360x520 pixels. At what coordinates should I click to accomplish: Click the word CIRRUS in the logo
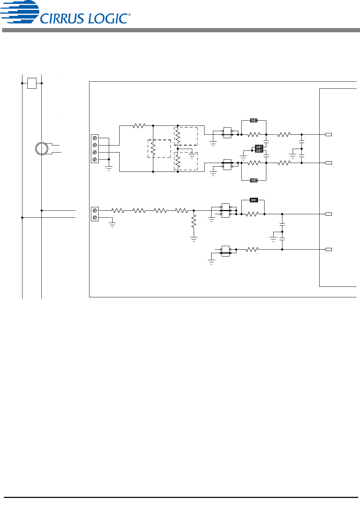pyautogui.click(x=62, y=18)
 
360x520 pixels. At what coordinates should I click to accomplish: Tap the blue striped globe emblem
pyautogui.click(x=20, y=12)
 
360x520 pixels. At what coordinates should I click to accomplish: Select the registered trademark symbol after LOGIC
pyautogui.click(x=129, y=15)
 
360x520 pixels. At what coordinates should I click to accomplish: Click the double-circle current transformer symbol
pyautogui.click(x=41, y=149)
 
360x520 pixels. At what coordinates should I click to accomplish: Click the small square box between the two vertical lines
pyautogui.click(x=32, y=83)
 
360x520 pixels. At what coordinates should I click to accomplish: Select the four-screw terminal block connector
pyautogui.click(x=95, y=149)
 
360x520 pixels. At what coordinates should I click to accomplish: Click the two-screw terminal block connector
pyautogui.click(x=95, y=214)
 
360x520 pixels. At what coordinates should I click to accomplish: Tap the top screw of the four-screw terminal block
pyautogui.click(x=95, y=138)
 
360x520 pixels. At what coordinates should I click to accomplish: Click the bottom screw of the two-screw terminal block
pyautogui.click(x=95, y=217)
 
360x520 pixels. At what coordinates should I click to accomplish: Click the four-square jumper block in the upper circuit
pyautogui.click(x=259, y=149)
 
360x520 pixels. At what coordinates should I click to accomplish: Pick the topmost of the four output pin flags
pyautogui.click(x=328, y=134)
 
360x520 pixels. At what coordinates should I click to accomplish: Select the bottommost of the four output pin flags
pyautogui.click(x=328, y=249)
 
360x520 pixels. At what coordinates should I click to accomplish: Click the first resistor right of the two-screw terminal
pyautogui.click(x=118, y=210)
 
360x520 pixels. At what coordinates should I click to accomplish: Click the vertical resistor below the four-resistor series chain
pyautogui.click(x=194, y=221)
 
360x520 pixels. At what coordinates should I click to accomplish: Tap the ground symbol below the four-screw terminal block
pyautogui.click(x=109, y=168)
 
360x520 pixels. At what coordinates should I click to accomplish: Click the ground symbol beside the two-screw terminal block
pyautogui.click(x=112, y=224)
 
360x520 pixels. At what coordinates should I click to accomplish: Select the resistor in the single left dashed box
pyautogui.click(x=153, y=149)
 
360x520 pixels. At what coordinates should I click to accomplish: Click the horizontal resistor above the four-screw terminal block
pyautogui.click(x=139, y=126)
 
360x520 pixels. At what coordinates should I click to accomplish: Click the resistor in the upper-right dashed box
pyautogui.click(x=178, y=136)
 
